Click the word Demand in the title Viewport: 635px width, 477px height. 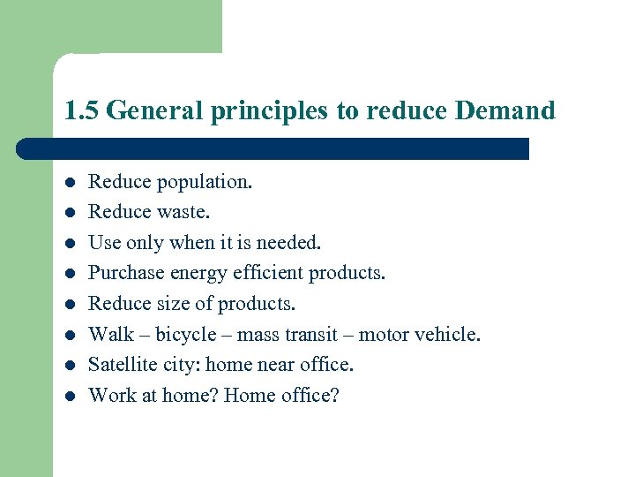tap(505, 111)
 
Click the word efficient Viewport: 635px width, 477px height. tap(262, 273)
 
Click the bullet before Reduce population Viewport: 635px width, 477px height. tap(70, 183)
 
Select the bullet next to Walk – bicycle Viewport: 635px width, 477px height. tap(70, 335)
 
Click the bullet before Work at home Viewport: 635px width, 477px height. tap(70, 396)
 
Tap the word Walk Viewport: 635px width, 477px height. tap(110, 334)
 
